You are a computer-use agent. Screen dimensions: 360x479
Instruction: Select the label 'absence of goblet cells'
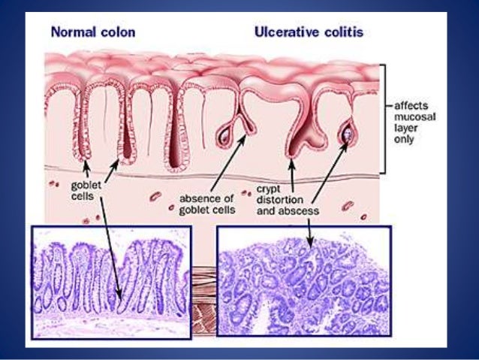207,204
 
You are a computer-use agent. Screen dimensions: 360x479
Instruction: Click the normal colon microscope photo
111,282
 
